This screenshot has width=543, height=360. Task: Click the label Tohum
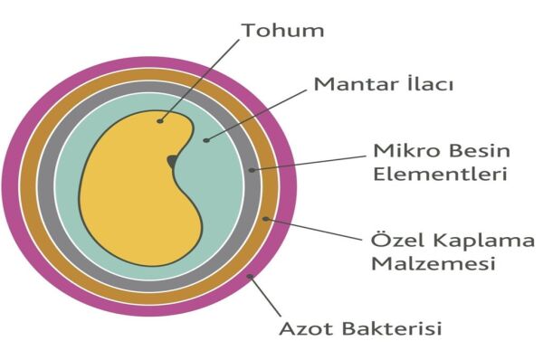pos(283,30)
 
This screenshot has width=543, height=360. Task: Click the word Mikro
pos(401,150)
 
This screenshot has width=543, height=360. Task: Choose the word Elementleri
pos(441,174)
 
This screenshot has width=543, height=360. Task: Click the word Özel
pos(398,239)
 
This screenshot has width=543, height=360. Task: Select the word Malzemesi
pos(433,263)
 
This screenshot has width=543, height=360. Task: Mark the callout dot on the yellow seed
pos(159,121)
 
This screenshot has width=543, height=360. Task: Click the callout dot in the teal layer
pos(206,140)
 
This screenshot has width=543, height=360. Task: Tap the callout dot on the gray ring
pos(252,170)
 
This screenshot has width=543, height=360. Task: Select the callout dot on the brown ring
pos(265,219)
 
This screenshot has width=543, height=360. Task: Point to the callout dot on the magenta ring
pos(250,276)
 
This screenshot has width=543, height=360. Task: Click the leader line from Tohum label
pos(199,81)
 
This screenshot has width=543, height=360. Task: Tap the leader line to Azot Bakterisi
pos(265,296)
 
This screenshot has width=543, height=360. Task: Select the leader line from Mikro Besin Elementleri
pos(309,163)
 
